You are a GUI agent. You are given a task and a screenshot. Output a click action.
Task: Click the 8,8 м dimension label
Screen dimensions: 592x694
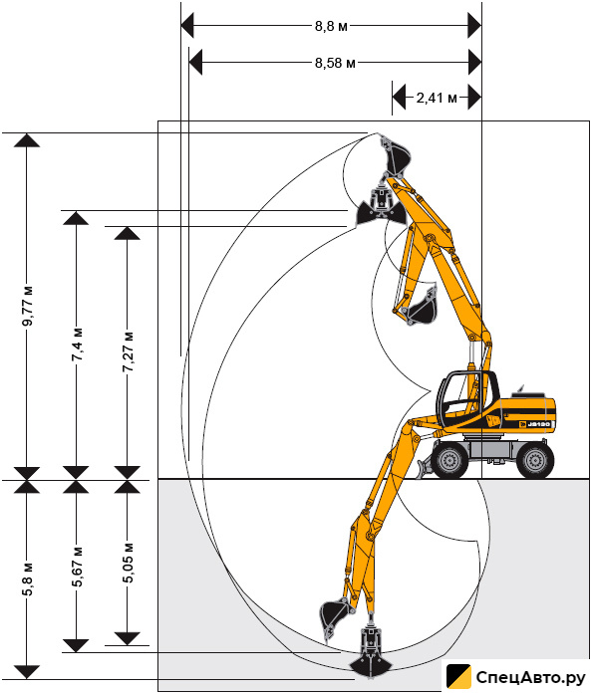pos(331,26)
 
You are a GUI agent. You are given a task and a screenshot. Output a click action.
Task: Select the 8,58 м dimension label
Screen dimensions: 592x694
pos(335,63)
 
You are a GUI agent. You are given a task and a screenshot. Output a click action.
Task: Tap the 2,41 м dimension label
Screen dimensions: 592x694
pos(437,98)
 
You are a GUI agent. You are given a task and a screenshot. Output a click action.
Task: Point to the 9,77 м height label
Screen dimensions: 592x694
pos(28,306)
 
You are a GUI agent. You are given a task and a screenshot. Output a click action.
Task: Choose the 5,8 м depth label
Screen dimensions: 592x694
pos(28,580)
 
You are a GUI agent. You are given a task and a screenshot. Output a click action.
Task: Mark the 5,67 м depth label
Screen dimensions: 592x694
pos(77,567)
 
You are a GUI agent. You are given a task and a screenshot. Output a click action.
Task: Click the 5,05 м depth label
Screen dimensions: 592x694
pos(128,563)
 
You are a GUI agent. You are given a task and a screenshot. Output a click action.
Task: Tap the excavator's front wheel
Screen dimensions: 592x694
pos(449,460)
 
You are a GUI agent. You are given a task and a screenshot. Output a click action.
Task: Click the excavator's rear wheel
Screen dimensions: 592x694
pos(535,460)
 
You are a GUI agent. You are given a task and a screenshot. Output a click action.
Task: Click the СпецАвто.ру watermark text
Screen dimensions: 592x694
pos(530,677)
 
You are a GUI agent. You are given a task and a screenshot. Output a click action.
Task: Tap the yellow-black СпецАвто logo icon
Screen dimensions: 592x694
pos(458,677)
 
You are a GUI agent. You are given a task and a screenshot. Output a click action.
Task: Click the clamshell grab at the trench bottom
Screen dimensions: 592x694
pos(371,652)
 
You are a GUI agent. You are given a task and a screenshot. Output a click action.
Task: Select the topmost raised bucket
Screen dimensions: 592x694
pos(396,156)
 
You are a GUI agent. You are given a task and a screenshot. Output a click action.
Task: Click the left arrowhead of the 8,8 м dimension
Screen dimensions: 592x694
pos(187,26)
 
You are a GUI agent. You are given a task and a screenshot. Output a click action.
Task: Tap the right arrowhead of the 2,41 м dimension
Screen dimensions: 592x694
pos(475,97)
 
